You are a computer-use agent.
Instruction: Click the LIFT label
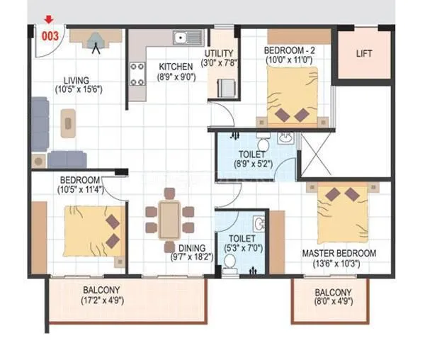point(363,54)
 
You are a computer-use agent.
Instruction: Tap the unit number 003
point(50,33)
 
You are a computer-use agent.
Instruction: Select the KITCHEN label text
point(176,67)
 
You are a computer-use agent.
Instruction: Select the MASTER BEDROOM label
point(339,253)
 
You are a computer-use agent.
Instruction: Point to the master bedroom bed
point(344,213)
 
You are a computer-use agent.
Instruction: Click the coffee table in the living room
point(69,123)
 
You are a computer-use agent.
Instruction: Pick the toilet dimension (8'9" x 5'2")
point(252,164)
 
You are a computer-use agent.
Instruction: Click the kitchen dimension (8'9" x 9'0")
point(176,79)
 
